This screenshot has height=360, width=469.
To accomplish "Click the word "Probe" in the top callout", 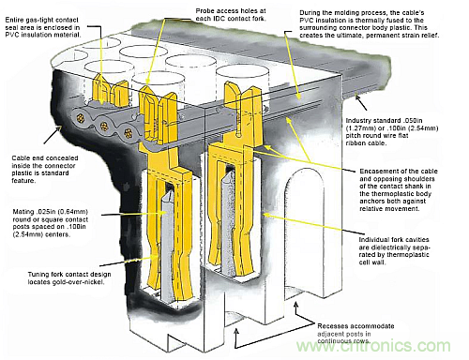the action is (204, 11).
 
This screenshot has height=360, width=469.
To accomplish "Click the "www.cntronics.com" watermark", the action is (373, 346).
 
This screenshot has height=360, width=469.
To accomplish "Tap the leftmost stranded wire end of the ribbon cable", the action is (81, 118).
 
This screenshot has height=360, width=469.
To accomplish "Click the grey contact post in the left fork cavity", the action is (167, 247).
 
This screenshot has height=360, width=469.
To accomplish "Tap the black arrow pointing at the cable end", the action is (53, 135).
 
